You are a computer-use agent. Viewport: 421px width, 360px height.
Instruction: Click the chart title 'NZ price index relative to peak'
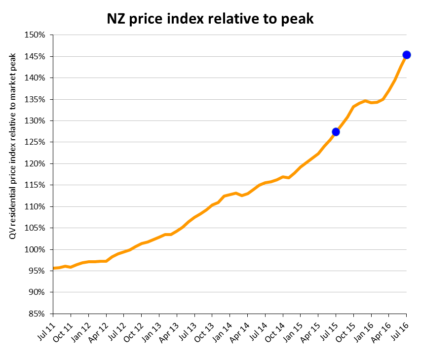tap(210, 19)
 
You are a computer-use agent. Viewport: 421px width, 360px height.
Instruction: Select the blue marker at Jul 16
tap(407, 55)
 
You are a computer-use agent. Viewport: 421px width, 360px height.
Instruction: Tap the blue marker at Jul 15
tap(336, 132)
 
